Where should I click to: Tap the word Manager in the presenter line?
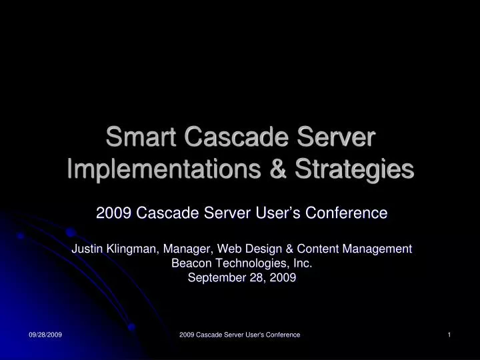point(181,249)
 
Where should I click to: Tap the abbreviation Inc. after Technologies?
point(300,263)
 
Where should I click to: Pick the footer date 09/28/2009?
point(45,335)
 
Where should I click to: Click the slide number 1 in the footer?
point(450,335)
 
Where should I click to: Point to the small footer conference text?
point(240,335)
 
